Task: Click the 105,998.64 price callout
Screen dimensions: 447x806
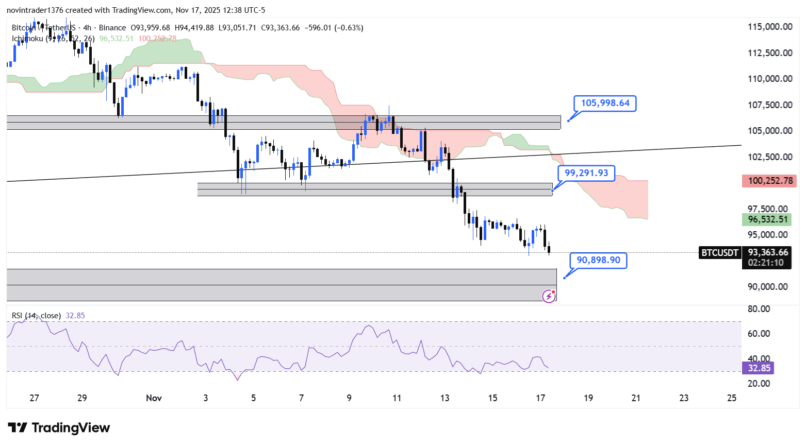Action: coord(605,103)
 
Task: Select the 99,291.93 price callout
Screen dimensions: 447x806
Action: coord(586,173)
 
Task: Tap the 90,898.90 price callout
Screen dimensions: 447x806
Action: coord(598,260)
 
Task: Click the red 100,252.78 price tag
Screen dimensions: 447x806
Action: coord(770,181)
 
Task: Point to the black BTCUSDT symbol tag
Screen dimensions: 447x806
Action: coord(719,252)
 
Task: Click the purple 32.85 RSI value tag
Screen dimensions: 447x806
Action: coord(759,368)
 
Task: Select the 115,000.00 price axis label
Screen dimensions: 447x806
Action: coord(770,27)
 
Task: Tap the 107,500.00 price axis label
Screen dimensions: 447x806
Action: coord(770,105)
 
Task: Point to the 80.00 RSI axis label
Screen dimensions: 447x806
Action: coord(759,309)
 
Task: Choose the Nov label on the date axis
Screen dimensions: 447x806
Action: coord(154,398)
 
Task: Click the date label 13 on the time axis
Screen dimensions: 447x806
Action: coord(445,398)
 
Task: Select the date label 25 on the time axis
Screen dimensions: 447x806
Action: coord(731,398)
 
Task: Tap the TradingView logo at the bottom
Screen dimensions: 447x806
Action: coord(59,428)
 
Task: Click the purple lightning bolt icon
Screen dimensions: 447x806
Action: coord(549,296)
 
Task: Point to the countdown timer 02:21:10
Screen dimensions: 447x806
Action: coord(766,263)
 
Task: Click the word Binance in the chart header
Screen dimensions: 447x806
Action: coord(112,28)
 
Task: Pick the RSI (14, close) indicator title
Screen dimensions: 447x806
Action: coord(36,316)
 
